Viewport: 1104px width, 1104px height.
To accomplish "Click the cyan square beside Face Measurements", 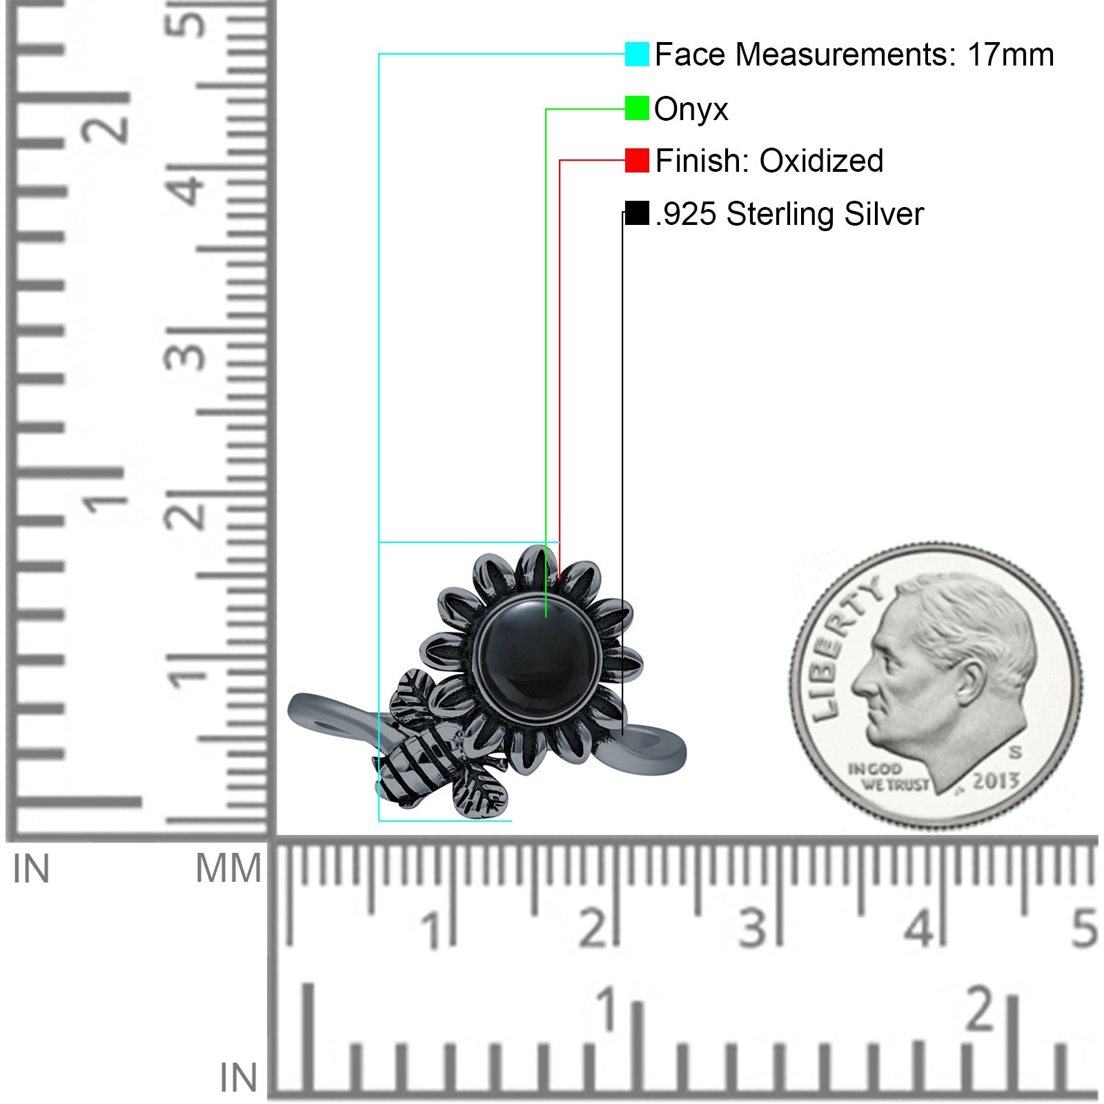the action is (637, 54).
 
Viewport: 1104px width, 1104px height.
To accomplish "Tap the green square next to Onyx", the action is (637, 108).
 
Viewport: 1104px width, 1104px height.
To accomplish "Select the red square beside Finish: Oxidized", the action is (637, 160).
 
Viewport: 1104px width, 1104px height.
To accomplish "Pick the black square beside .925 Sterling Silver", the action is (637, 213).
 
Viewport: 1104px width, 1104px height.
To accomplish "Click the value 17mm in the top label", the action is (1010, 55).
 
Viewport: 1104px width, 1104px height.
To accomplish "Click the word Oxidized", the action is (821, 161).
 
